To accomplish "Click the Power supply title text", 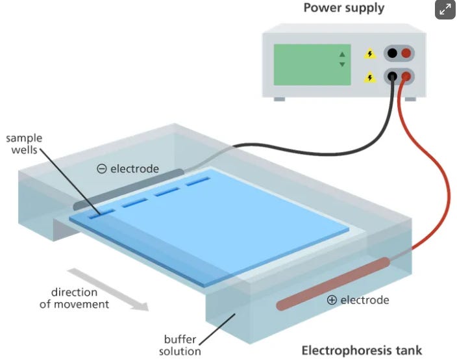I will pos(343,8).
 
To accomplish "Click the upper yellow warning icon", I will pos(369,54).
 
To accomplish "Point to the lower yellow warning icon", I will pos(369,77).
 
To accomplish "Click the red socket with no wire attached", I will pos(406,53).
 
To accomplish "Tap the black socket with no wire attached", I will pos(392,53).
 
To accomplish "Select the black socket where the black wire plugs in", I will pos(392,77).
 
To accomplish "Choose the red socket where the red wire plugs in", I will pos(406,77).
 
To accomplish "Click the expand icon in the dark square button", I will pos(445,10).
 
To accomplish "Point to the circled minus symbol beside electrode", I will pos(102,169).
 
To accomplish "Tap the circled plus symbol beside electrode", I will pos(332,300).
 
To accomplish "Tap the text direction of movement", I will pos(74,298).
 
